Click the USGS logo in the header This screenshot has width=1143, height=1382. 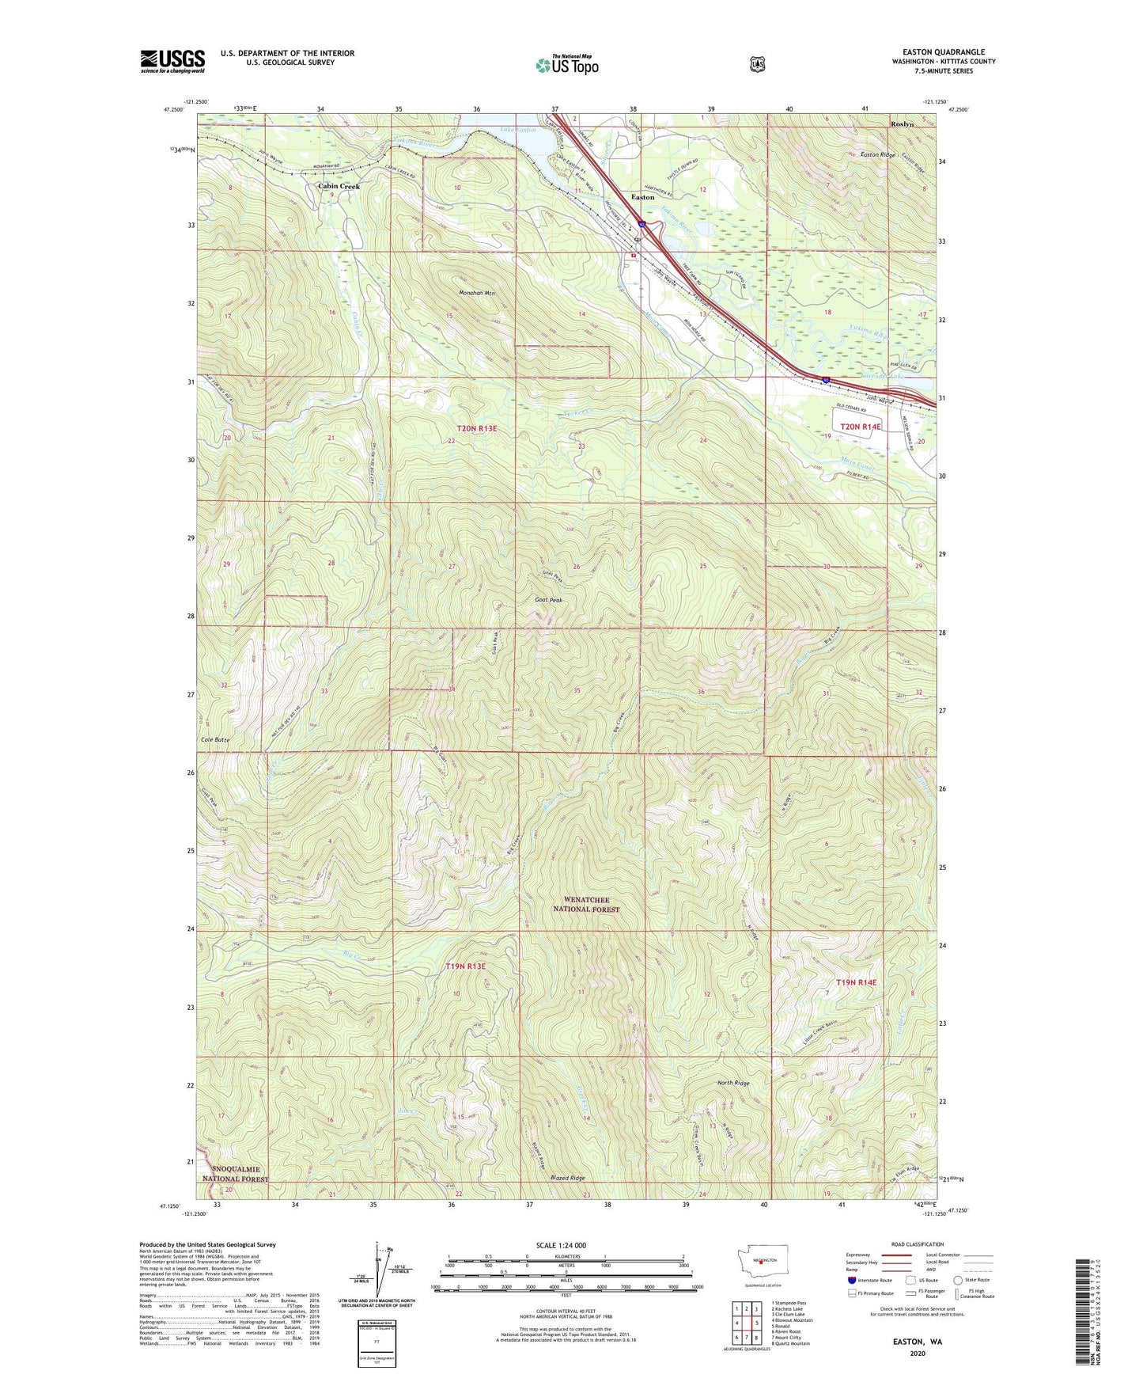[x=172, y=61]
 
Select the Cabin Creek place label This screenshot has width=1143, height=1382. [x=339, y=187]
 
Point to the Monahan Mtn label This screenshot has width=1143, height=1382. [x=477, y=294]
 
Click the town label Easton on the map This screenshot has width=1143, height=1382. [x=642, y=197]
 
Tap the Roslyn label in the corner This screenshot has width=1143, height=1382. [x=902, y=124]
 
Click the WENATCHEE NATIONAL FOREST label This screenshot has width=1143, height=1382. [x=581, y=904]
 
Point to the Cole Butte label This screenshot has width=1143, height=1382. [x=212, y=739]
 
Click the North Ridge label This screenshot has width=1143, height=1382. [x=733, y=1083]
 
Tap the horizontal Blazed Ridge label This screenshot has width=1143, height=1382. [x=568, y=1178]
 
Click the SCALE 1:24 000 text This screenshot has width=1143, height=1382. [x=561, y=1245]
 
